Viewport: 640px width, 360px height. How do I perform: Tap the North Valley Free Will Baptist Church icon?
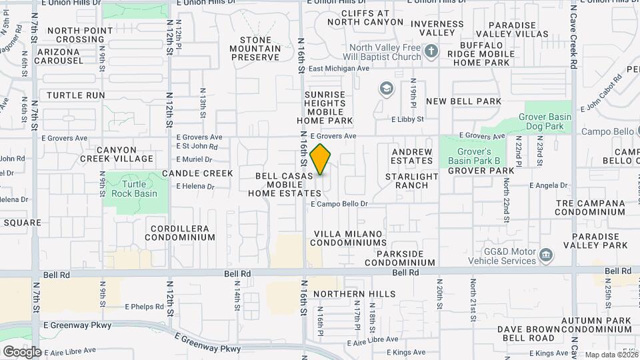coord(431,51)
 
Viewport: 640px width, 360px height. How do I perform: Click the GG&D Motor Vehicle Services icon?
coord(546,254)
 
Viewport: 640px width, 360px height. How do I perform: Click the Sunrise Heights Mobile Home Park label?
coord(325,107)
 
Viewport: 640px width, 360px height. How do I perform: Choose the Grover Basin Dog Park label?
coord(545,121)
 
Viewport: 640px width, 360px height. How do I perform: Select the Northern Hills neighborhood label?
coord(354,294)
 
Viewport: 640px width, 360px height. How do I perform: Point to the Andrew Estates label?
coord(411,156)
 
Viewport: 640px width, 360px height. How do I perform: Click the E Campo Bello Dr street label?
coord(339,204)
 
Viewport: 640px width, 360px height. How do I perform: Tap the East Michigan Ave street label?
coord(339,69)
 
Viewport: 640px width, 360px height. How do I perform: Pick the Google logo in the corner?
coord(22,351)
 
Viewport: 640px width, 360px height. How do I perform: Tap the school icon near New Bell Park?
coord(386,88)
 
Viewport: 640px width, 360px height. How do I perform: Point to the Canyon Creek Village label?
coord(117,154)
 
